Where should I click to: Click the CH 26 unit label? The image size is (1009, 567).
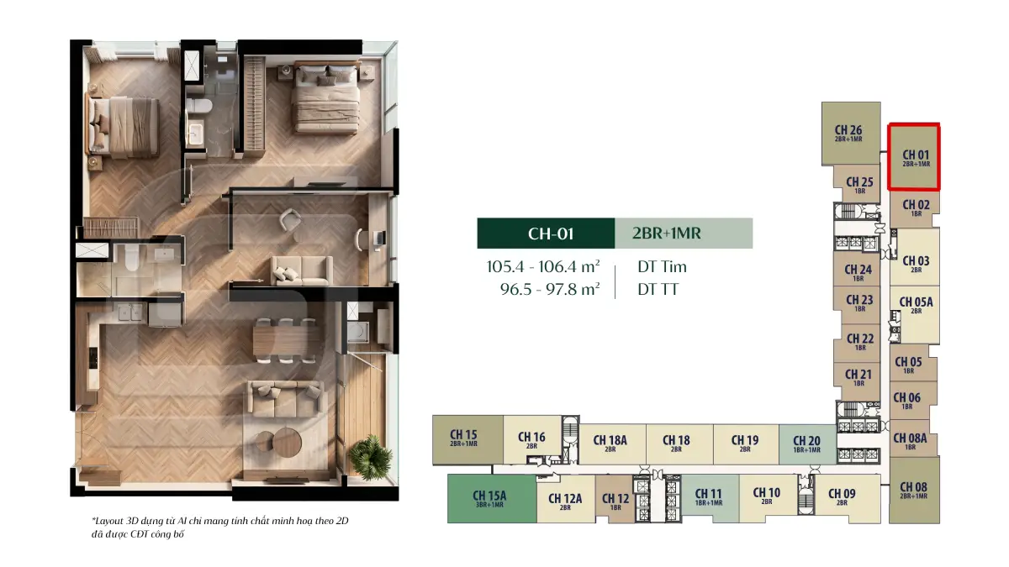tap(848, 134)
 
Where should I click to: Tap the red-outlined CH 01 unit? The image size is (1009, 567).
tap(913, 156)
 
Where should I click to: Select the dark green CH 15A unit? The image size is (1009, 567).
tap(492, 498)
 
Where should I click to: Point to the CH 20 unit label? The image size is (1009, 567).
tap(806, 444)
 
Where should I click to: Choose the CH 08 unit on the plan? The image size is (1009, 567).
tap(914, 490)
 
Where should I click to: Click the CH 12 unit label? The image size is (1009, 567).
tap(615, 501)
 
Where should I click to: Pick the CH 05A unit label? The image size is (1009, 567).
tap(916, 305)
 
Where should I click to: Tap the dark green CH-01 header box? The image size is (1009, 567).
tap(546, 234)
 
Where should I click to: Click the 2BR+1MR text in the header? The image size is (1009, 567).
tap(667, 234)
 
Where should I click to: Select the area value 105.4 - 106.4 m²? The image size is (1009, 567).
tap(543, 266)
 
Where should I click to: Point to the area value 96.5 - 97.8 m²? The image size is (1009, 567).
tap(550, 289)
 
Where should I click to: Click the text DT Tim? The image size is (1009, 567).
tap(662, 267)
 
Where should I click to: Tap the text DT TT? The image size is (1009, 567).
tap(658, 289)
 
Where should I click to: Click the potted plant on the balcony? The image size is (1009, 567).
tap(370, 457)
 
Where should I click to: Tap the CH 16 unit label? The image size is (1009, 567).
tap(531, 439)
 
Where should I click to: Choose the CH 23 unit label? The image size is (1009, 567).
tap(859, 303)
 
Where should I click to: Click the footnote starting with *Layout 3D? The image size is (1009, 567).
tap(219, 528)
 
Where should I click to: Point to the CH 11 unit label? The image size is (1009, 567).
tap(709, 496)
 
